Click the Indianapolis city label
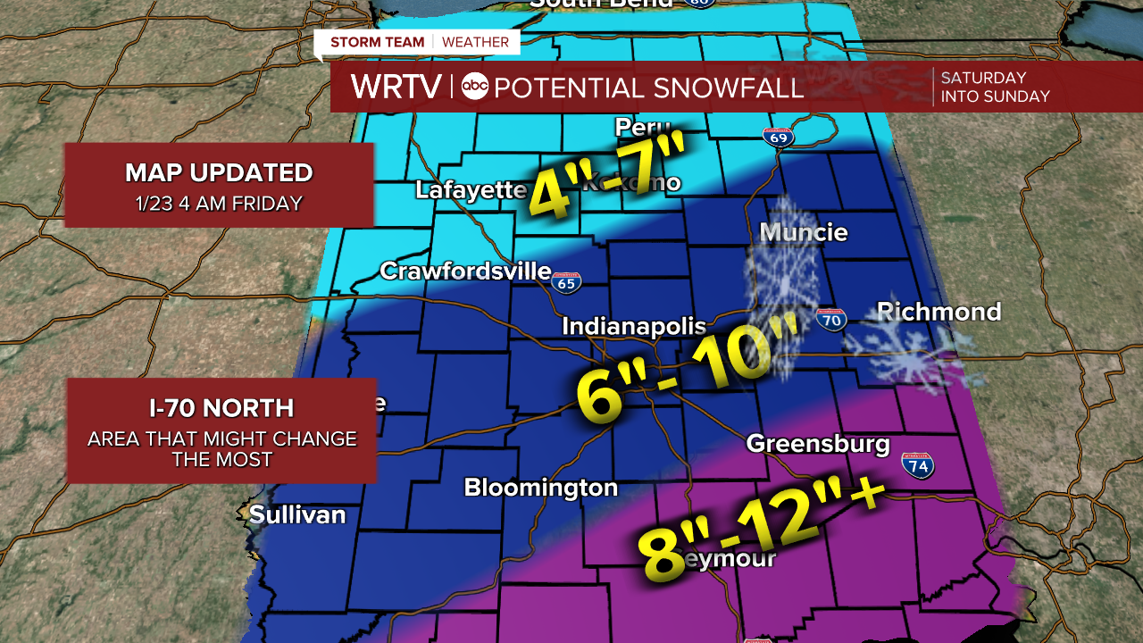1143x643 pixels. point(633,327)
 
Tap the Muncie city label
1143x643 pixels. point(803,233)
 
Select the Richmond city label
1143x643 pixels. point(939,312)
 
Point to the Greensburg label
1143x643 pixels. point(818,444)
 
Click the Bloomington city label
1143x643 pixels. point(540,488)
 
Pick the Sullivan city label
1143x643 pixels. point(297,514)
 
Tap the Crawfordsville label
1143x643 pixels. point(465,271)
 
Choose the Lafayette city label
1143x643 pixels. point(471,190)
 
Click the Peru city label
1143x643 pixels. point(642,127)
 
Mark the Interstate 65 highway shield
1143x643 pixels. point(566,283)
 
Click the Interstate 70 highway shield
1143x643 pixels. point(830,320)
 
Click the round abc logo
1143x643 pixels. point(475,87)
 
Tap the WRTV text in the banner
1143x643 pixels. point(396,87)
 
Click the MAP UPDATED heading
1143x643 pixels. point(219,172)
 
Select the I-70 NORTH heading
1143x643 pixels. point(221,408)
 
